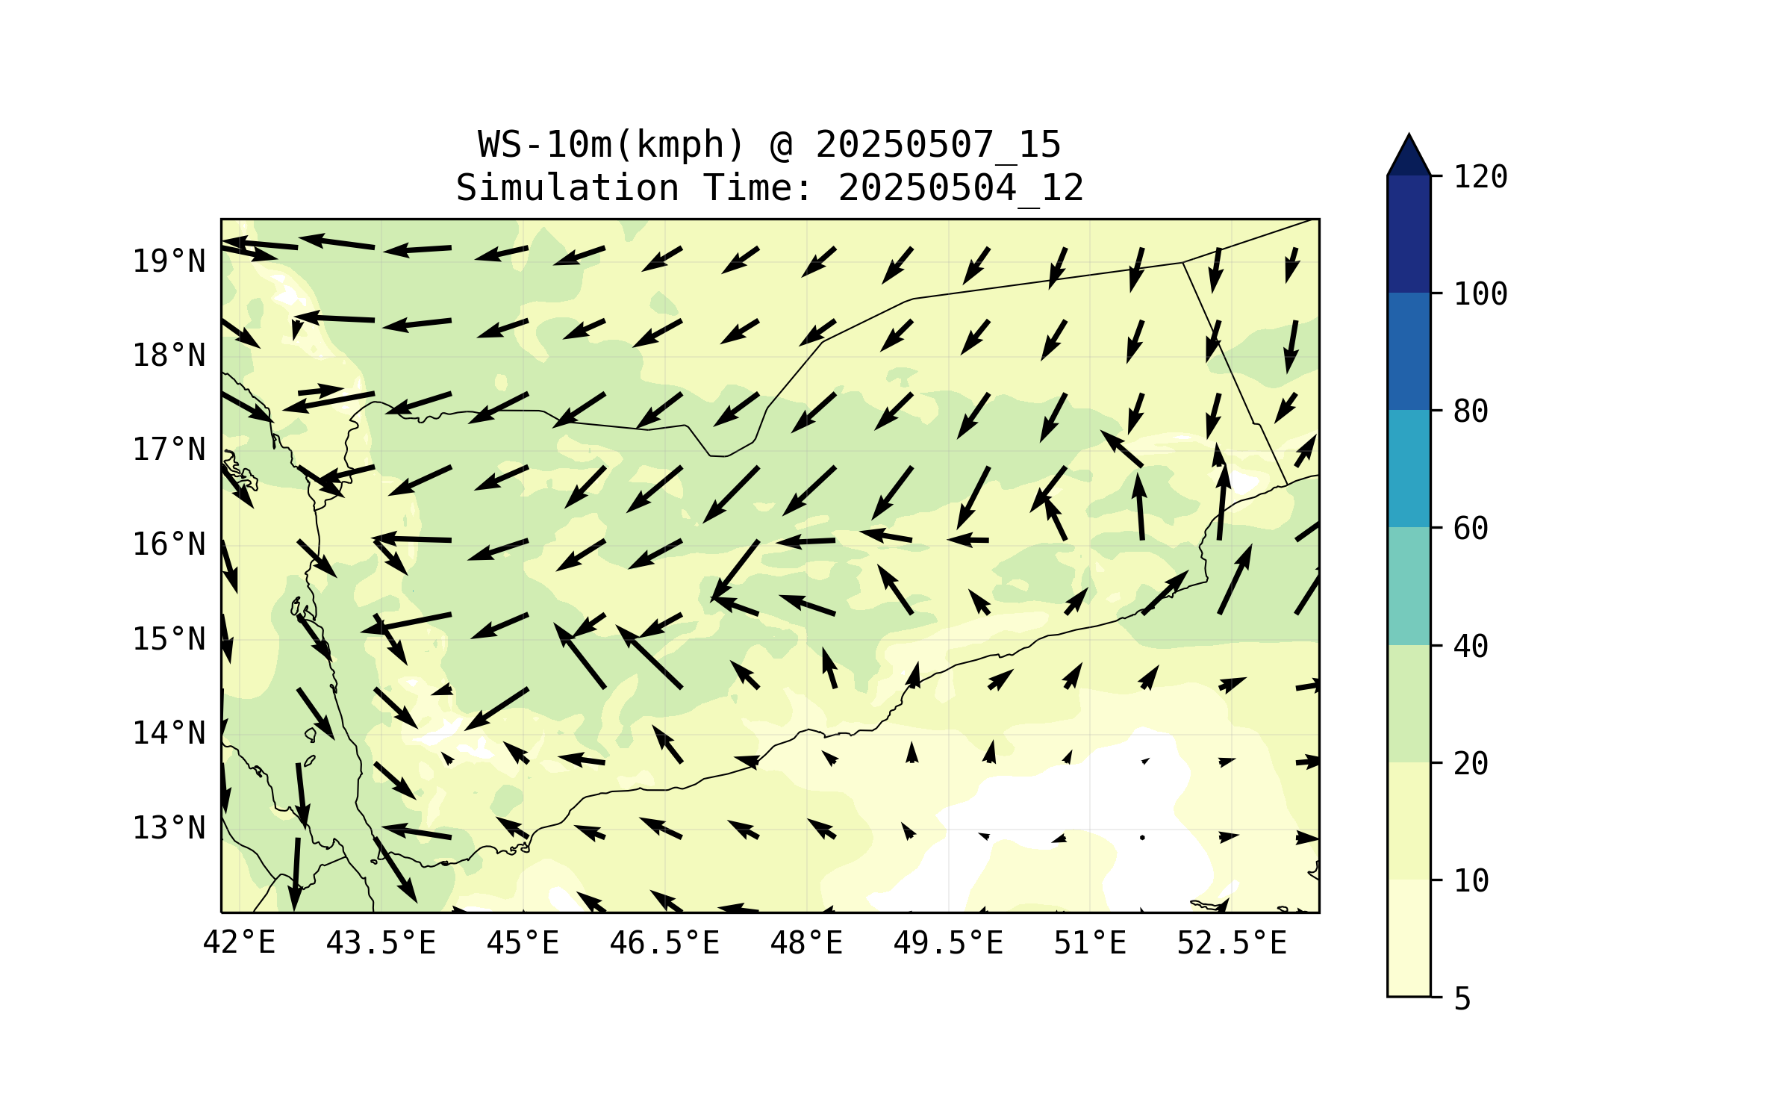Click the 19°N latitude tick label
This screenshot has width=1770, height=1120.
pyautogui.click(x=169, y=261)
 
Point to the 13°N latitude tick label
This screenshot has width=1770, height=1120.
pyautogui.click(x=169, y=828)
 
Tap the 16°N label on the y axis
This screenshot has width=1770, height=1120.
pyautogui.click(x=169, y=545)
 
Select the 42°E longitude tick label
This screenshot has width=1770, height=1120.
pyautogui.click(x=240, y=943)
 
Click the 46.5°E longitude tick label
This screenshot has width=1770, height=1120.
pyautogui.click(x=664, y=943)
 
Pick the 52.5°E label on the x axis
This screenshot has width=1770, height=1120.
pyautogui.click(x=1232, y=943)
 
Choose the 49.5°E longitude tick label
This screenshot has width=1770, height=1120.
pyautogui.click(x=948, y=943)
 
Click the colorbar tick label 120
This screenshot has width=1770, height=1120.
pyautogui.click(x=1480, y=177)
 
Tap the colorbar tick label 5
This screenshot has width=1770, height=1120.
pyautogui.click(x=1462, y=999)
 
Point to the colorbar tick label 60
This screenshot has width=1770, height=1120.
pyautogui.click(x=1471, y=529)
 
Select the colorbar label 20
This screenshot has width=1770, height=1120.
pyautogui.click(x=1471, y=764)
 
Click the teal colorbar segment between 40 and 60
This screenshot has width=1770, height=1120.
pyautogui.click(x=1409, y=586)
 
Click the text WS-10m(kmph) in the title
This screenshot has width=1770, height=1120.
pyautogui.click(x=611, y=145)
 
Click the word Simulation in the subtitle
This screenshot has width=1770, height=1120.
pyautogui.click(x=567, y=188)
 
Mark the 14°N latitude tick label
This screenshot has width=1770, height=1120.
pyautogui.click(x=169, y=734)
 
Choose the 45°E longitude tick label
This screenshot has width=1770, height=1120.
pyautogui.click(x=523, y=943)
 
